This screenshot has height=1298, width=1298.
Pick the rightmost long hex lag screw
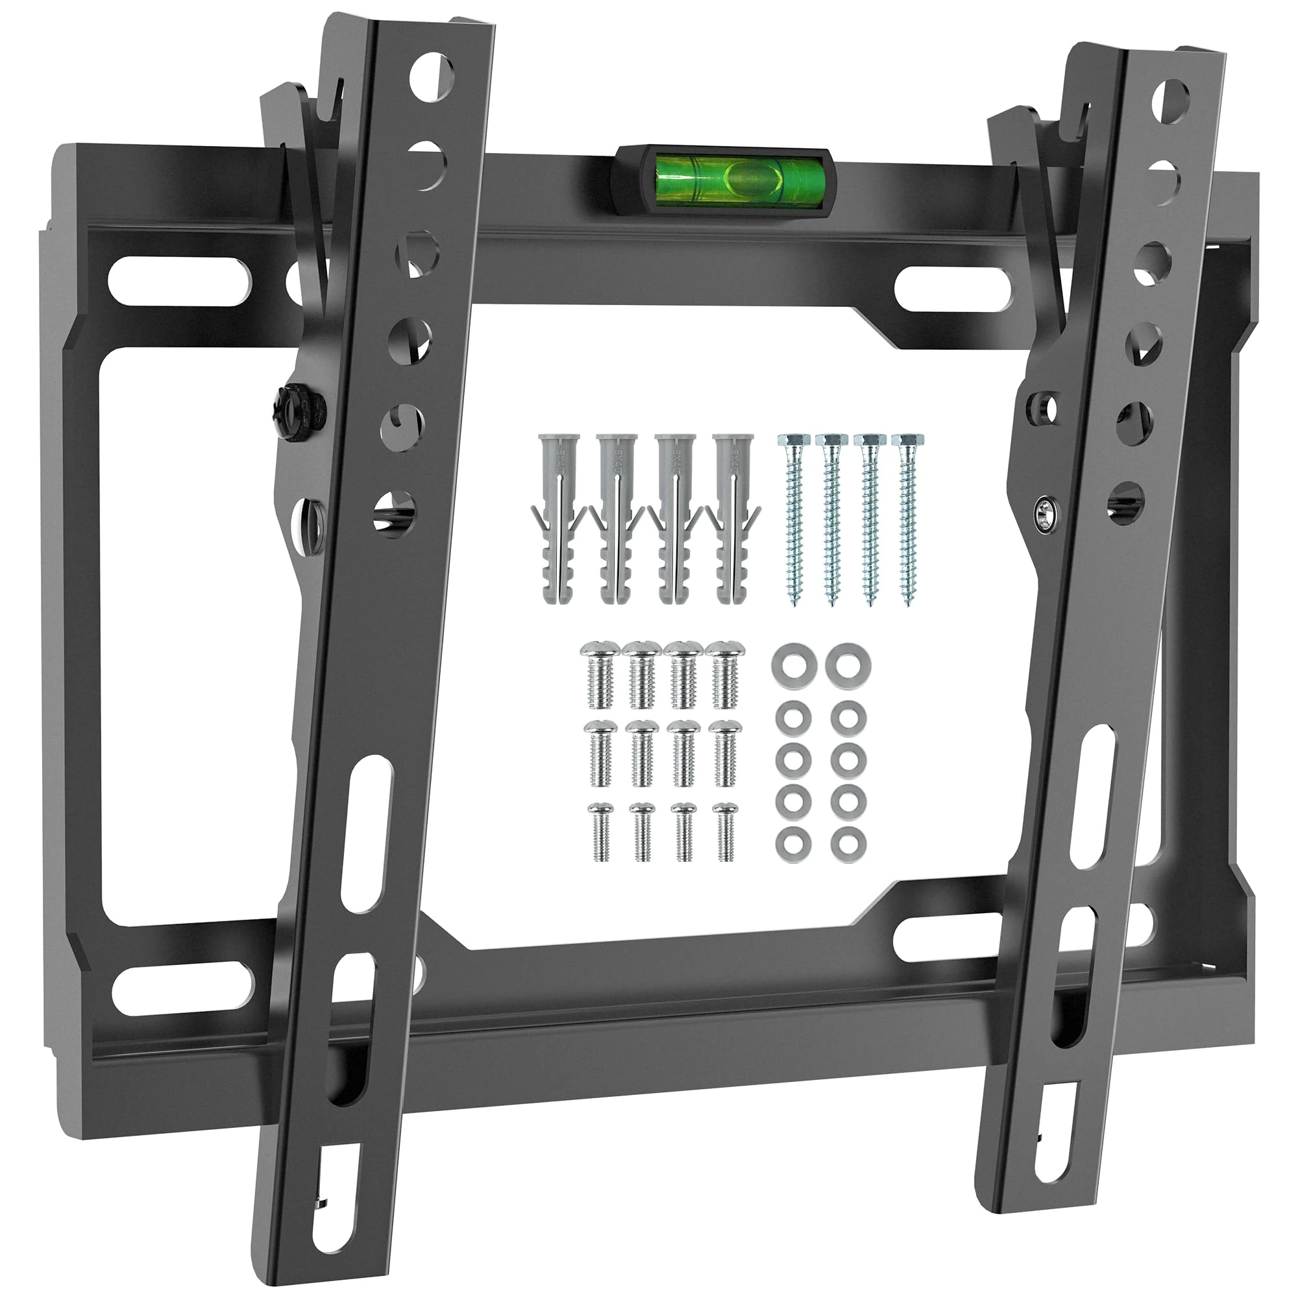(904, 517)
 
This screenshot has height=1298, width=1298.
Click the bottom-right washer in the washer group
(848, 841)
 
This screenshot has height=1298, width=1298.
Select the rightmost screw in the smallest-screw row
(726, 832)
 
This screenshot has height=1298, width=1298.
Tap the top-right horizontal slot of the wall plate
(954, 289)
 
